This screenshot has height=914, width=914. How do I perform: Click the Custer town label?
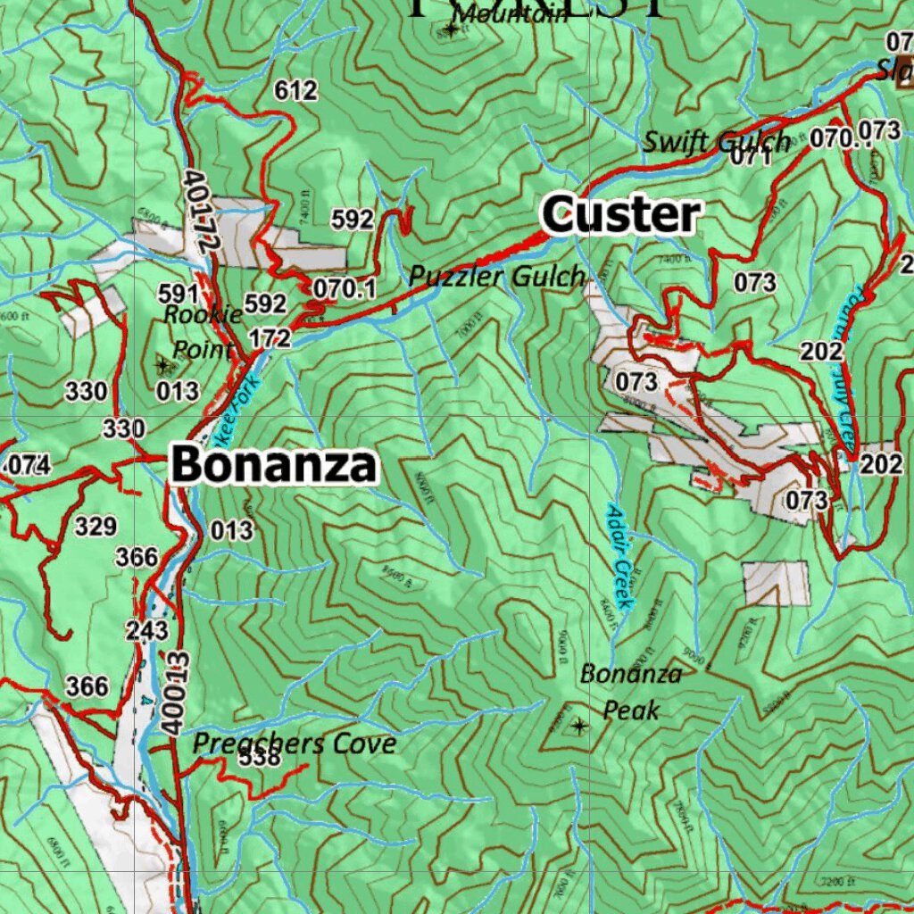pos(622,215)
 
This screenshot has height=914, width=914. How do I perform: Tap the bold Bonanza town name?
pos(274,465)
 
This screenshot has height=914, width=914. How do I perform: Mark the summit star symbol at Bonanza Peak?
pos(579,726)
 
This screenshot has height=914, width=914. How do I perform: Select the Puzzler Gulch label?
pos(497,277)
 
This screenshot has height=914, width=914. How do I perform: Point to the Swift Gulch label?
pos(717,141)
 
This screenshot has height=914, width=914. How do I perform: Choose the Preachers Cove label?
pos(295,743)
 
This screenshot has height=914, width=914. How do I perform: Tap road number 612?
pos(296,90)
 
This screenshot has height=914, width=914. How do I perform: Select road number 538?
pos(260,759)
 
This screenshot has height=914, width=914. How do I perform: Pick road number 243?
pos(147,630)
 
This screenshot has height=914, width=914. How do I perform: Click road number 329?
pos(96,527)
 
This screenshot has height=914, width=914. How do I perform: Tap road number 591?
pos(178,294)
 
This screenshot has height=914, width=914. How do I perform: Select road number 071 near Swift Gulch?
pos(751,158)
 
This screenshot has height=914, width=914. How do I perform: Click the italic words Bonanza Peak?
pos(631,692)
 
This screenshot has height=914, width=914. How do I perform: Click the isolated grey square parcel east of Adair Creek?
pos(776,584)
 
